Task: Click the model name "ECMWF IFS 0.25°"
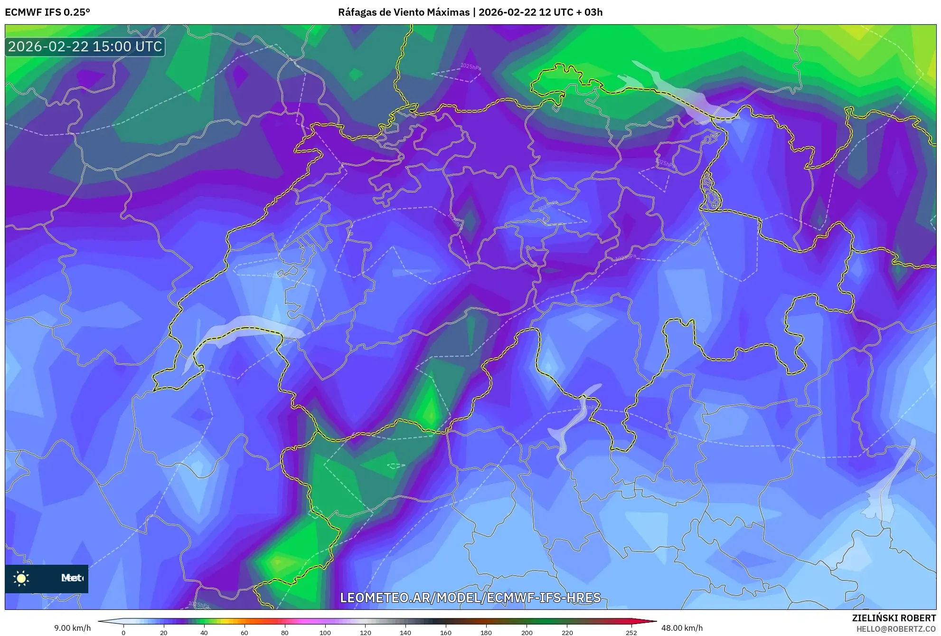point(47,12)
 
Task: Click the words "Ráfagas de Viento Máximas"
point(404,12)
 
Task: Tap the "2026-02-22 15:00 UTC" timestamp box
point(85,47)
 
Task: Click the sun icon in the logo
point(21,578)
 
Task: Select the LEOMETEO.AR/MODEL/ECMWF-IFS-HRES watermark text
point(470,598)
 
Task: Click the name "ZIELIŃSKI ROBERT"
point(894,618)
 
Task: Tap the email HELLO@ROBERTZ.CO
point(895,629)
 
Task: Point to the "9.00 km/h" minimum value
point(72,628)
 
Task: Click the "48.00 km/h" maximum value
point(682,628)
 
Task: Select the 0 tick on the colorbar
point(123,632)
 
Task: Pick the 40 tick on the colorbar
point(204,632)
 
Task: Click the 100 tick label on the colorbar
point(325,633)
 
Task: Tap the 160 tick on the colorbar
point(446,632)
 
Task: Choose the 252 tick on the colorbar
point(631,632)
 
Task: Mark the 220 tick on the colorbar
point(567,632)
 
